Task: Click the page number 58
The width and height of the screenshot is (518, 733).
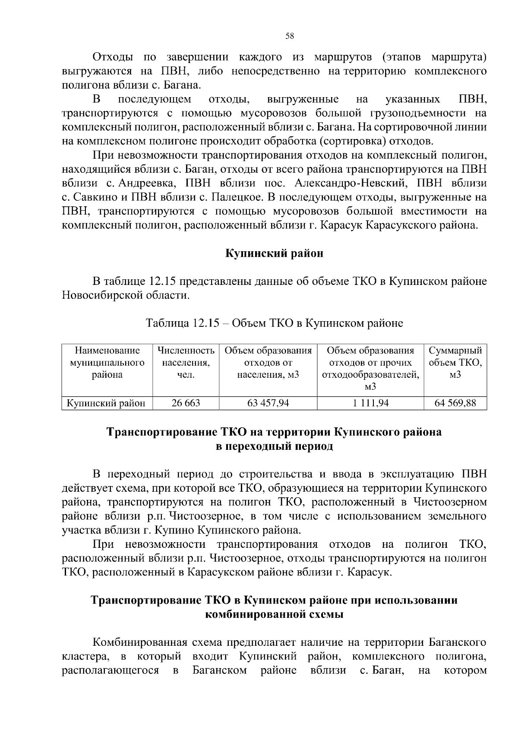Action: click(x=290, y=36)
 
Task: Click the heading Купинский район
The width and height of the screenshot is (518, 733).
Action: click(x=274, y=253)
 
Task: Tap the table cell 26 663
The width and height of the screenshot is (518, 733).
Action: click(x=186, y=403)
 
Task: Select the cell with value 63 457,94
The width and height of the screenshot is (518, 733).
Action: click(x=268, y=403)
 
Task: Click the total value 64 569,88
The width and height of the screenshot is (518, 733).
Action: click(x=455, y=403)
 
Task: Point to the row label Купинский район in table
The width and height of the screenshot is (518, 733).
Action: click(x=106, y=403)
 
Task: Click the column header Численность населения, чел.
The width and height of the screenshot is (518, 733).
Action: click(x=186, y=363)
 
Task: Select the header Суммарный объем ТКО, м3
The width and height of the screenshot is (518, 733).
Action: click(x=455, y=363)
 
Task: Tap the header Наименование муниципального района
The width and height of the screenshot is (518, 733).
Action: click(x=107, y=363)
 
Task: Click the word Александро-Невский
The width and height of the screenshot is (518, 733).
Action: click(x=350, y=183)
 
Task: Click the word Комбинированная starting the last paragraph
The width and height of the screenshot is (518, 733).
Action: click(x=139, y=642)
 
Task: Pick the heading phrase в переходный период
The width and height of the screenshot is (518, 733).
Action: click(x=274, y=446)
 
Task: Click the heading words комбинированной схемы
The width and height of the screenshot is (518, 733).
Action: click(x=274, y=614)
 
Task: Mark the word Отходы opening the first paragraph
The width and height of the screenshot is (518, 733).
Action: click(x=112, y=57)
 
